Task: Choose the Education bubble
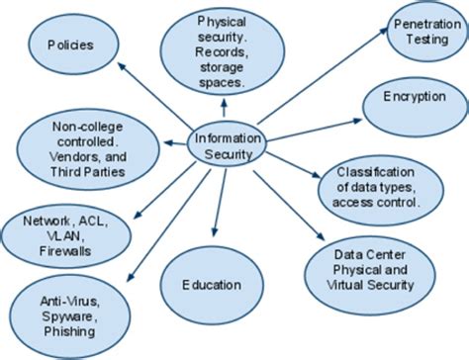[211, 285]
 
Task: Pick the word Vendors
[71, 155]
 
